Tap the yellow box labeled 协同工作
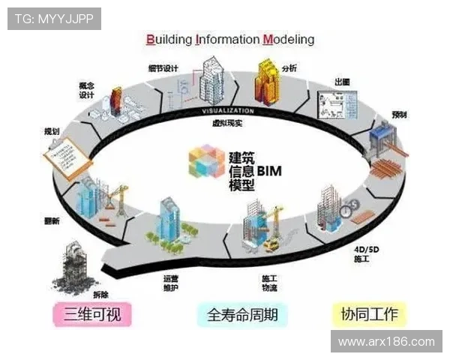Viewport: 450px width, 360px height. coord(369,313)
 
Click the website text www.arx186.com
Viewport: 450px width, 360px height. coord(386,342)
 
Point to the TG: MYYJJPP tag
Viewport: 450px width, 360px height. coord(54,18)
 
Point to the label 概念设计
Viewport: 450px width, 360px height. coord(86,89)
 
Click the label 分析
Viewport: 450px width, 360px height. coord(289,68)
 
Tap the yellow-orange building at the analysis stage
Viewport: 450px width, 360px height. coord(268,82)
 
